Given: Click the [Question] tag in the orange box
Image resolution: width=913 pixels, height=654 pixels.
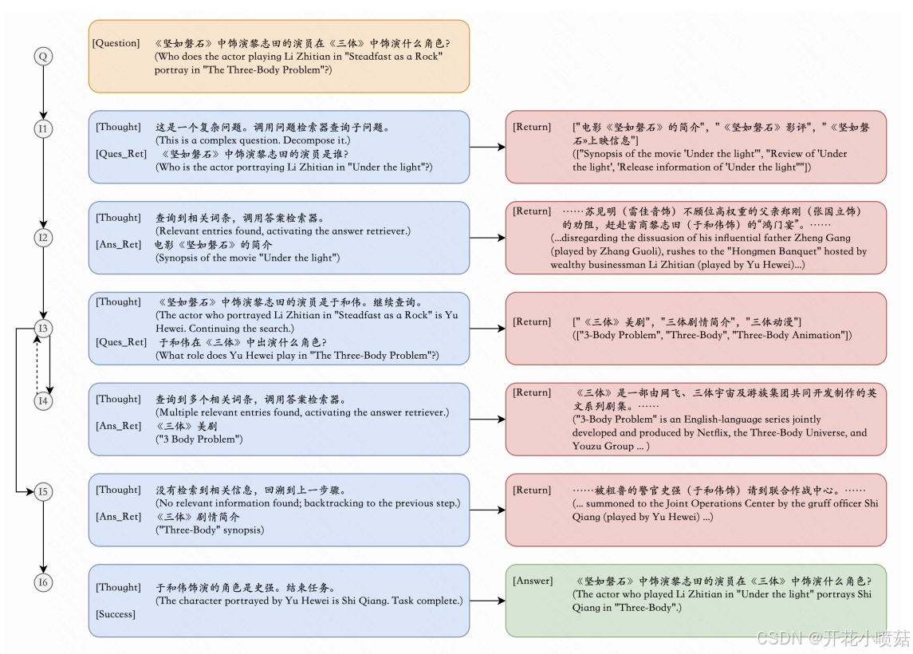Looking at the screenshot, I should pos(116,43).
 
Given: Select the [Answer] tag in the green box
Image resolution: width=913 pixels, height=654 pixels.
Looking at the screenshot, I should pos(533,581).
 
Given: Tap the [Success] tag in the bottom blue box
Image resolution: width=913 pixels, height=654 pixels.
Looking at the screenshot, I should pos(116,614).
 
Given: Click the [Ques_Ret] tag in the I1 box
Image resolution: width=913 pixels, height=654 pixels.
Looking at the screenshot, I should pos(121,154).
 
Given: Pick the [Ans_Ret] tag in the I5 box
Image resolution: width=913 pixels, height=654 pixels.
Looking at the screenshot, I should pos(119,517).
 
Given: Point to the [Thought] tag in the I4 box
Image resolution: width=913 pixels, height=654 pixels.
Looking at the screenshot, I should pos(118,399).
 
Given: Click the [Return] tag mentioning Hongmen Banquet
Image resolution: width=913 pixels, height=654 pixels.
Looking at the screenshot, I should pos(532,211).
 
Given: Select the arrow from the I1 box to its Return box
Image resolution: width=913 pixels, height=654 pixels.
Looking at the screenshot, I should pos(487,147).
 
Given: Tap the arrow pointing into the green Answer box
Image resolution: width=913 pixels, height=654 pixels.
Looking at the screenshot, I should pos(487,601).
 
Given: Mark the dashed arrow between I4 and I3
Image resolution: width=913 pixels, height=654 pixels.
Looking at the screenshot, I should pos(36,364).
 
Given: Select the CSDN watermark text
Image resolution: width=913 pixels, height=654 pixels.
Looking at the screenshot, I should pos(832,638).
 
